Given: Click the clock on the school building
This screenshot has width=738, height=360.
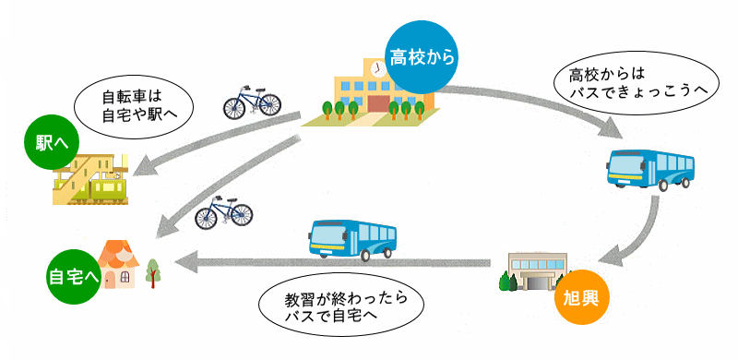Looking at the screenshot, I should pos(378,68).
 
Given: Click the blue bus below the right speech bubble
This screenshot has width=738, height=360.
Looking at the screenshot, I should pos(651,168).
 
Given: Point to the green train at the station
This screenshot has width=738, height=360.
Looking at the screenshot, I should pos(109,188).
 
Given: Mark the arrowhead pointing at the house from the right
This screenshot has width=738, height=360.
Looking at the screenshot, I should pos(184,264).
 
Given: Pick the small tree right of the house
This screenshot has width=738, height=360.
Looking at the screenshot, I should pos(152,270).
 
